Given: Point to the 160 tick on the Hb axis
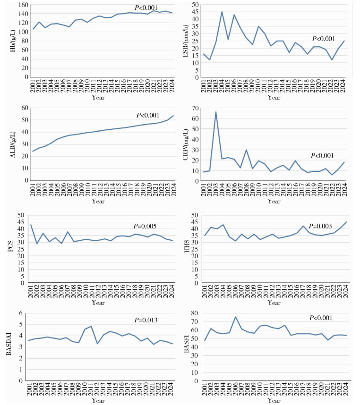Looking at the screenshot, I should coord(21,5).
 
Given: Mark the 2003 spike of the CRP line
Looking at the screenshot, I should coord(216,112).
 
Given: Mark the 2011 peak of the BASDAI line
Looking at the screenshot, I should coord(91,326).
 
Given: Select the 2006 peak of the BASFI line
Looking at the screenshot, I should coord(235,317).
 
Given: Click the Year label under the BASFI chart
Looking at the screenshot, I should coord(274,401).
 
